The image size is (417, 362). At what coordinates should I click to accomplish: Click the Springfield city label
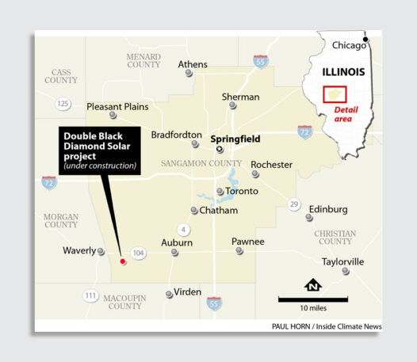tap(253, 135)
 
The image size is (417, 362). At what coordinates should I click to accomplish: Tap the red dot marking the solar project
tap(121, 261)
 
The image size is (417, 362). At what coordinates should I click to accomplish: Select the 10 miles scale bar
tap(312, 299)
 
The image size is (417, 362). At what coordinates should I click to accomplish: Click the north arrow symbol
tap(312, 284)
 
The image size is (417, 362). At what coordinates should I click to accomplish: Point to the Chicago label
tap(349, 45)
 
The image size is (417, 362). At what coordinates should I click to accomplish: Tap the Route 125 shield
tap(63, 105)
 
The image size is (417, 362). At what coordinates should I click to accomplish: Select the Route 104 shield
tap(139, 253)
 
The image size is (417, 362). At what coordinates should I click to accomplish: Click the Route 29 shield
tap(294, 205)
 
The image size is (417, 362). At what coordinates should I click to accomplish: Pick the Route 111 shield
tap(90, 295)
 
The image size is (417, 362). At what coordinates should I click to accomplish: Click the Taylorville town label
tap(342, 261)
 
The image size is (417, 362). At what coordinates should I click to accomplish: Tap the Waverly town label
tap(78, 250)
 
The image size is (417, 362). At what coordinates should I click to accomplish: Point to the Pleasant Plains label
tap(118, 106)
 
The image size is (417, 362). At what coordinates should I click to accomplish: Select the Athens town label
tap(193, 64)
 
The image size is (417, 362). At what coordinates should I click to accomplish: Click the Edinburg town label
tap(327, 209)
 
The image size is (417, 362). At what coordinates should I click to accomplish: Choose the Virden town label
tap(188, 292)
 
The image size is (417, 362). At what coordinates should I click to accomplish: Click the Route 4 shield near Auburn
tap(184, 230)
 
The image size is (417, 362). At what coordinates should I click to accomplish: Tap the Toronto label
tap(241, 192)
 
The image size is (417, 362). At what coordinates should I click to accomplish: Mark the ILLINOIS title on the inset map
tap(343, 71)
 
